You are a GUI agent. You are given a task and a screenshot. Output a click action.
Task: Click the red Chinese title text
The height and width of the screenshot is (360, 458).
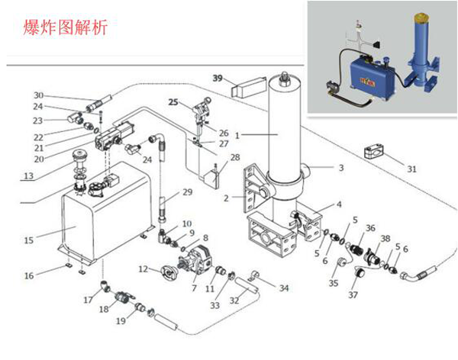click(x=66, y=29)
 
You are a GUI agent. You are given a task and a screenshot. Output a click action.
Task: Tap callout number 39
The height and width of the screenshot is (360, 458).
click(x=217, y=79)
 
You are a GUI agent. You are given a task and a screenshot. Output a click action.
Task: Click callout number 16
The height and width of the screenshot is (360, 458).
click(x=28, y=275)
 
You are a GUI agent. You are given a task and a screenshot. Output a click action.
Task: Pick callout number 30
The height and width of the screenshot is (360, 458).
click(x=38, y=95)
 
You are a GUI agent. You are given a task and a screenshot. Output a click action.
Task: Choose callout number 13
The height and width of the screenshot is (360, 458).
click(x=28, y=175)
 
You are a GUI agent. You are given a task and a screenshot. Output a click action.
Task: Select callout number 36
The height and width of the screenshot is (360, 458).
click(x=370, y=227)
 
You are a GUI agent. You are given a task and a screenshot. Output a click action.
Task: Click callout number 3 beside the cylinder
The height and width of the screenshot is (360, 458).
click(x=342, y=167)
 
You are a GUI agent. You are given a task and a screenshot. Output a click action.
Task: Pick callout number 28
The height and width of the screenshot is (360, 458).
click(x=235, y=157)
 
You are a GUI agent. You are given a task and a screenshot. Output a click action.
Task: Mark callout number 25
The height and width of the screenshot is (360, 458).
click(x=173, y=101)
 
